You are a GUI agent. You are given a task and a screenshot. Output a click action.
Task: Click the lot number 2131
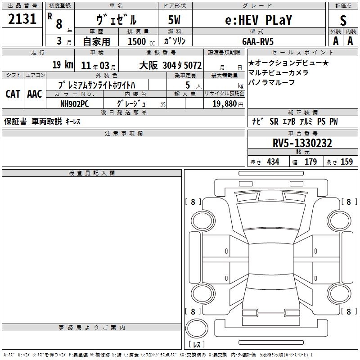(22, 19)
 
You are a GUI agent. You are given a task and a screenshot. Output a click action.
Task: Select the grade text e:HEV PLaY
(258, 20)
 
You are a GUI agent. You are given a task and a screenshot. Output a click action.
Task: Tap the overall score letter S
(343, 20)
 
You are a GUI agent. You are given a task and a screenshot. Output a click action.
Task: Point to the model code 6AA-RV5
(258, 41)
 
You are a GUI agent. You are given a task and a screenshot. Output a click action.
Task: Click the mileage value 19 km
(63, 64)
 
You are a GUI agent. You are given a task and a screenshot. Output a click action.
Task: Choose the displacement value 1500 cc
(141, 41)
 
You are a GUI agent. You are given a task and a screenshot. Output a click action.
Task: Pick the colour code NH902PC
(74, 104)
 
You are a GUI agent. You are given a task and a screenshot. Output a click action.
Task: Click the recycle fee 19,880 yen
(228, 104)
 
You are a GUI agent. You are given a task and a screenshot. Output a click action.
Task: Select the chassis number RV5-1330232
(302, 143)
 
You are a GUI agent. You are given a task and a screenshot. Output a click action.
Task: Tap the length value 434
(273, 162)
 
